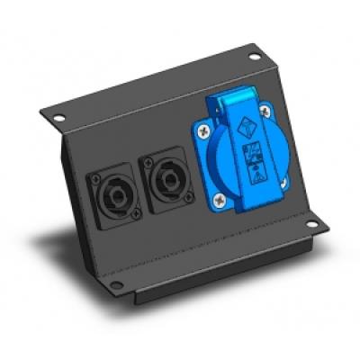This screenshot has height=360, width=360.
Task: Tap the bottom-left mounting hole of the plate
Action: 117,286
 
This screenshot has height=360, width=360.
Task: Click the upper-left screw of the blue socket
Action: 210,132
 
